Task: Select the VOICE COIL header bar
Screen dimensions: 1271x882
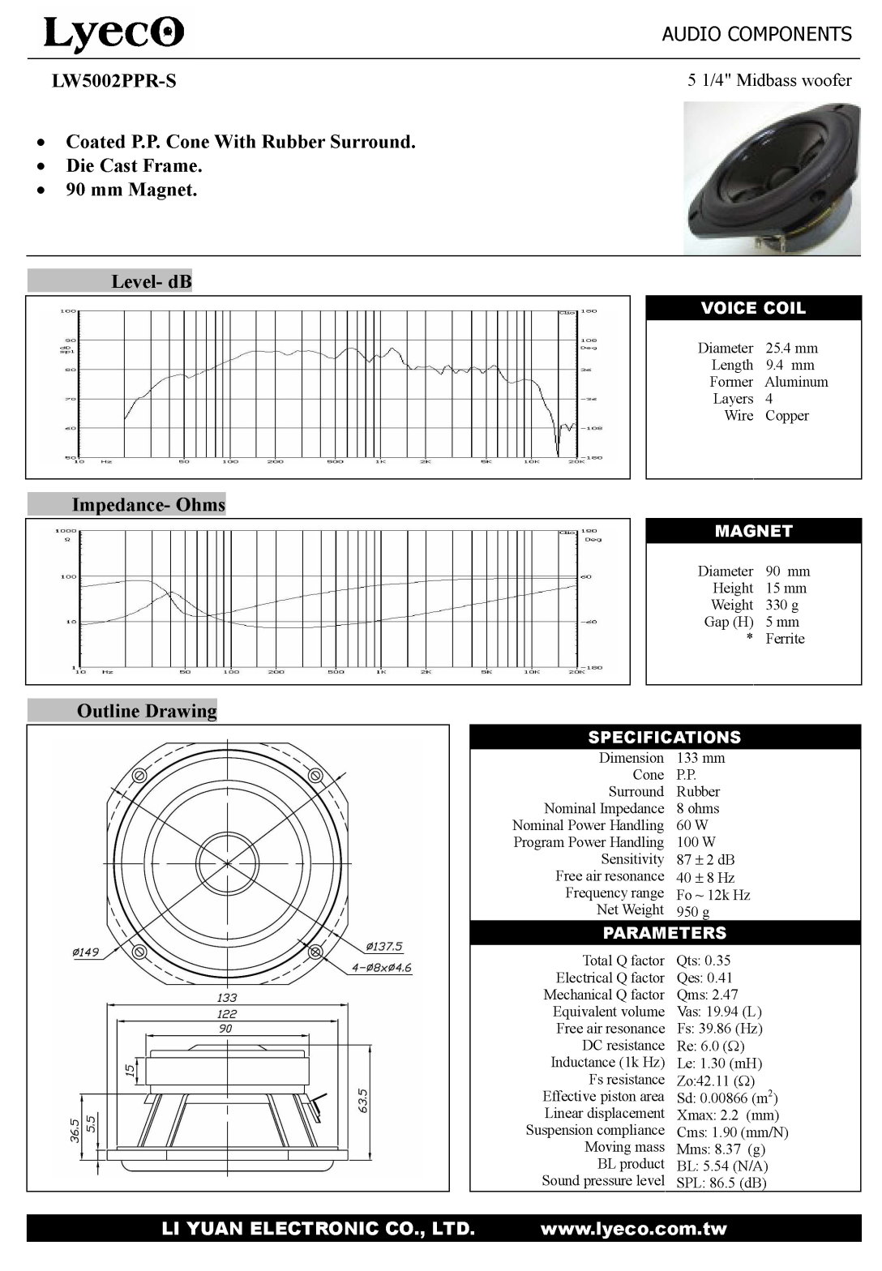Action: click(x=753, y=308)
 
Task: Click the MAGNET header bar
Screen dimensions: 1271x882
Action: click(x=753, y=531)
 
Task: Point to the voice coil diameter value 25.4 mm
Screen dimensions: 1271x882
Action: click(x=791, y=348)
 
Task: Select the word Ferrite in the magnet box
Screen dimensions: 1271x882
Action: click(x=785, y=639)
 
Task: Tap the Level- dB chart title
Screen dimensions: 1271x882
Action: click(x=151, y=281)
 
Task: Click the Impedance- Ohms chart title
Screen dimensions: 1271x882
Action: click(x=148, y=505)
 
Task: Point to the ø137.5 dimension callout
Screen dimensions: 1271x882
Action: click(x=384, y=946)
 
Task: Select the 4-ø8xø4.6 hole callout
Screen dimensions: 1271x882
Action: click(x=382, y=967)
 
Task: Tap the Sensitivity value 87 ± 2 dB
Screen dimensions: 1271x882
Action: click(x=705, y=859)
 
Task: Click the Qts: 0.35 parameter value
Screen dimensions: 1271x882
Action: click(x=704, y=961)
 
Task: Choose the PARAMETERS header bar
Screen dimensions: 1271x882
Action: click(x=665, y=933)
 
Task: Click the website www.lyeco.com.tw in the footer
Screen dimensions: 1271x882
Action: click(x=633, y=1229)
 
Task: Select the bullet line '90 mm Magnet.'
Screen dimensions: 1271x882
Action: click(x=131, y=190)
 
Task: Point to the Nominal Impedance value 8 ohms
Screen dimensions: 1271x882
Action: click(x=697, y=808)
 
